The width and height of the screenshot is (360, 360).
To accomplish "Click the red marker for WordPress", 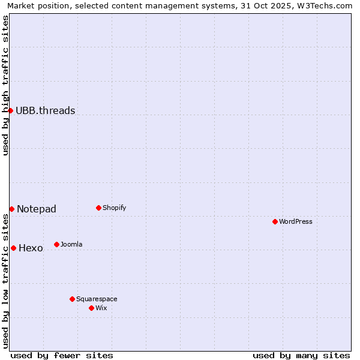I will tap(275, 221).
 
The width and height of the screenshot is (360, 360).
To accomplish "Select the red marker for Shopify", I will tap(98, 208).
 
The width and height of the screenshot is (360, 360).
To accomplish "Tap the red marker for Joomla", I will tap(56, 244).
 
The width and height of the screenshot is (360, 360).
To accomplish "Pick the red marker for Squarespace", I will tap(72, 299).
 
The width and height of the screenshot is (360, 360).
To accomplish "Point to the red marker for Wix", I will tap(91, 308).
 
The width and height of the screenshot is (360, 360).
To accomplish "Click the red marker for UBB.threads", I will tap(10, 110).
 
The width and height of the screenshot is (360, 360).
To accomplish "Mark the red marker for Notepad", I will tap(11, 209).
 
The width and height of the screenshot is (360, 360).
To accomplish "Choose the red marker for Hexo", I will tap(13, 248).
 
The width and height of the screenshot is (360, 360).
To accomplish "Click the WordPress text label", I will tap(296, 222).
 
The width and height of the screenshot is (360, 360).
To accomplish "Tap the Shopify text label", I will tap(114, 208).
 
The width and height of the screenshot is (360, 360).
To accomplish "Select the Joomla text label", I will tap(71, 245).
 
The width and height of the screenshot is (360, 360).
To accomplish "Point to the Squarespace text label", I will tap(97, 299).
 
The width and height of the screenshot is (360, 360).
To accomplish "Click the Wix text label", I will tap(101, 308).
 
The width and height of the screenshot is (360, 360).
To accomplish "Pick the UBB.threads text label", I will tap(46, 110).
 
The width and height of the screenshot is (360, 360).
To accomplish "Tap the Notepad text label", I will tap(37, 209).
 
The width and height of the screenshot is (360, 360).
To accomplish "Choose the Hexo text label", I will tap(31, 248).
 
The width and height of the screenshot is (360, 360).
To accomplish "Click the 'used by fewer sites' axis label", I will tap(62, 355).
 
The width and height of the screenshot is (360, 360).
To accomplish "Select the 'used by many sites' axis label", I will tap(301, 355).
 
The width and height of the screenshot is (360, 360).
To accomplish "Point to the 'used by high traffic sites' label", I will tap(6, 85).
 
